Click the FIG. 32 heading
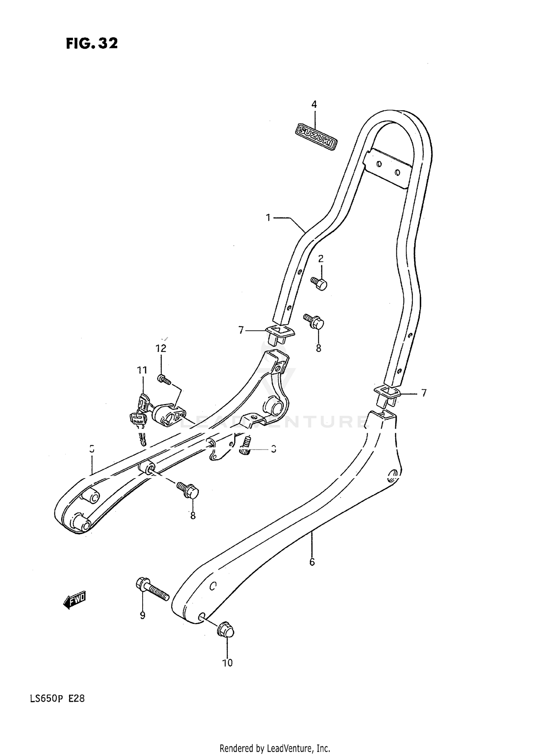92,43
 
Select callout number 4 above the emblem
314,105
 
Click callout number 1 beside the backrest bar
268,218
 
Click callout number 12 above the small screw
161,348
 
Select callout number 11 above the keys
142,370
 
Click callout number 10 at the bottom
227,663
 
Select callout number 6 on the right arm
312,562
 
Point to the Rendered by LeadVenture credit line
275,748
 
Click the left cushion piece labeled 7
281,333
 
